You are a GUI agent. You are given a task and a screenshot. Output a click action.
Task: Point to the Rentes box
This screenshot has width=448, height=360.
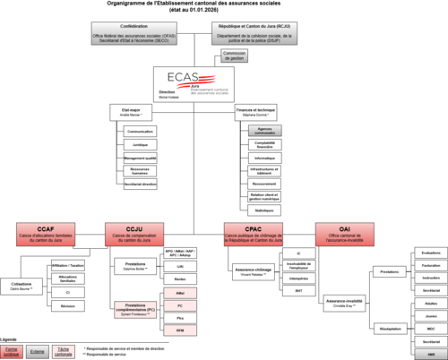point(180,279)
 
